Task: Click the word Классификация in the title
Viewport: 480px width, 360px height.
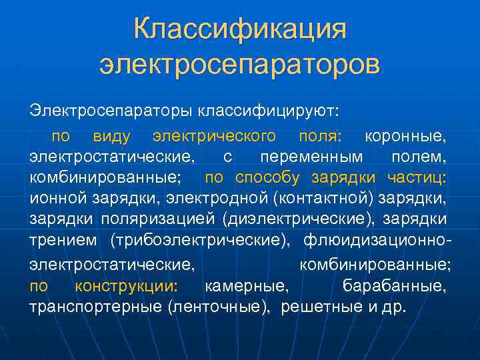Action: (x=240, y=30)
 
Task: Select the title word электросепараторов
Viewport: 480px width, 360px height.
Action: (x=240, y=65)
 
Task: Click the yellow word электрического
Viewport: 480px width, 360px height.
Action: (x=214, y=137)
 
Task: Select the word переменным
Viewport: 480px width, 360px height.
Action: (x=312, y=157)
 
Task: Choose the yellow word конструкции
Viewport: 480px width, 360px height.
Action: (x=125, y=287)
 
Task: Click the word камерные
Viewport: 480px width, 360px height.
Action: (x=247, y=287)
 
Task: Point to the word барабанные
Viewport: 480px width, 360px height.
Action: (x=394, y=287)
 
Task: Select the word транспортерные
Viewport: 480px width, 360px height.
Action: (x=96, y=307)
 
